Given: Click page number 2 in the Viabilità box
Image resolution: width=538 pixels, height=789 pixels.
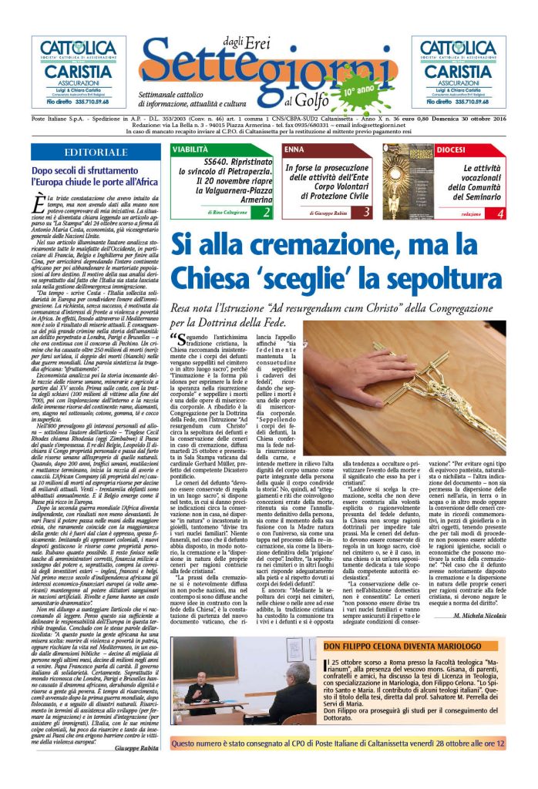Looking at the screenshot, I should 266,211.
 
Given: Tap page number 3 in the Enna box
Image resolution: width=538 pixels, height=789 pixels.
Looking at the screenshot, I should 366,211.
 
